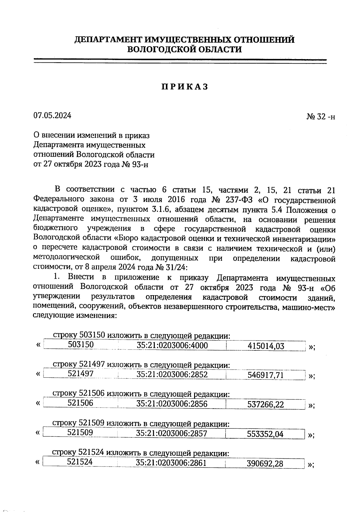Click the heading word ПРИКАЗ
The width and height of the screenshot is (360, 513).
point(184,87)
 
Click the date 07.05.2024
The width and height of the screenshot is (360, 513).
point(52,115)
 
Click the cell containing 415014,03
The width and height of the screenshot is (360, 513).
point(266,346)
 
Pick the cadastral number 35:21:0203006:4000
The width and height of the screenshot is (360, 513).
point(172,346)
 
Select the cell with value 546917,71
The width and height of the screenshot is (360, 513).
point(265,375)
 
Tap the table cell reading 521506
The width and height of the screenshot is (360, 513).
point(80,403)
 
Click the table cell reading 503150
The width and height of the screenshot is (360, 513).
point(81,345)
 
